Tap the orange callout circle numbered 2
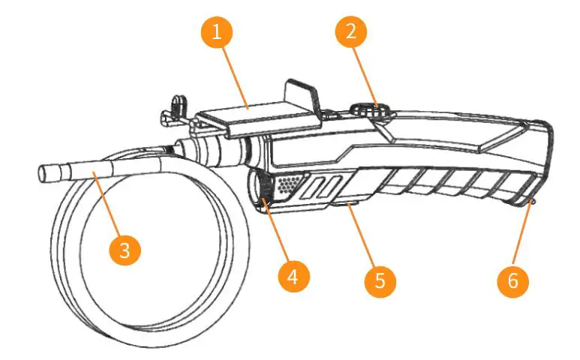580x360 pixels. tap(351, 32)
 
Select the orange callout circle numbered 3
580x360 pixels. tap(125, 249)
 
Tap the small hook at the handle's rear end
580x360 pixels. tap(530, 201)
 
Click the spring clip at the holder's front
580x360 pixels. tap(174, 108)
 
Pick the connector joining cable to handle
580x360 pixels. tap(206, 150)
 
